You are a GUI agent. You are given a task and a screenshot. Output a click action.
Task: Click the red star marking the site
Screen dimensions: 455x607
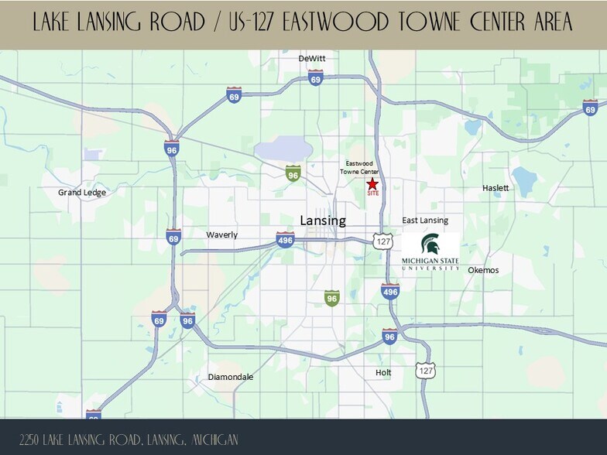point(372,183)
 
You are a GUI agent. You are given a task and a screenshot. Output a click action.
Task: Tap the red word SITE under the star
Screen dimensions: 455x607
point(372,193)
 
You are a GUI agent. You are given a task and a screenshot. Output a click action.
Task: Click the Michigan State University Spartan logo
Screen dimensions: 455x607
point(430,252)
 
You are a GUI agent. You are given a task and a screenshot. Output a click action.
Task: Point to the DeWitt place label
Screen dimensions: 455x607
point(312,59)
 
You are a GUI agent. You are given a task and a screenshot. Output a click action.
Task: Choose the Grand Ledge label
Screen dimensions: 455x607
point(82,193)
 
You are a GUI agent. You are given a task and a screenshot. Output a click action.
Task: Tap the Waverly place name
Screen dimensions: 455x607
point(222,234)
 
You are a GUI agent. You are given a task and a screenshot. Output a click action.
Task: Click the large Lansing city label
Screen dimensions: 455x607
point(323,221)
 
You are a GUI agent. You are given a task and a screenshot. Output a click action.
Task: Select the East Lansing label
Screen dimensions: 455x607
point(425,221)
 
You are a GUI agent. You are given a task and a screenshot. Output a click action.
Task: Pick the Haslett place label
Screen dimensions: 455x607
point(496,188)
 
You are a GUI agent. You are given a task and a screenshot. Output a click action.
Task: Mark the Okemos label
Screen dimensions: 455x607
point(483,270)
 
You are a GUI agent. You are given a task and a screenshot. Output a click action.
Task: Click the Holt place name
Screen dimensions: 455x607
point(383,372)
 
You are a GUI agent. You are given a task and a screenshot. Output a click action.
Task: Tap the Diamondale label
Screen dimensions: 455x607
point(231,377)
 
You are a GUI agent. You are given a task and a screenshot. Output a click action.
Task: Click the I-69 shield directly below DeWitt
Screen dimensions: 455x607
point(315,78)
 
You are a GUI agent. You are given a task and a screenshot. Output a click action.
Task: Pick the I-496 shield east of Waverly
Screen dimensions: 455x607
point(285,240)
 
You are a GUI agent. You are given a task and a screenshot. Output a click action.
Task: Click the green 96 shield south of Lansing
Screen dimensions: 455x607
point(332,298)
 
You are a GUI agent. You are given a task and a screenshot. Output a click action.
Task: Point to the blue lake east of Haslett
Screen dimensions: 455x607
point(525,181)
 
